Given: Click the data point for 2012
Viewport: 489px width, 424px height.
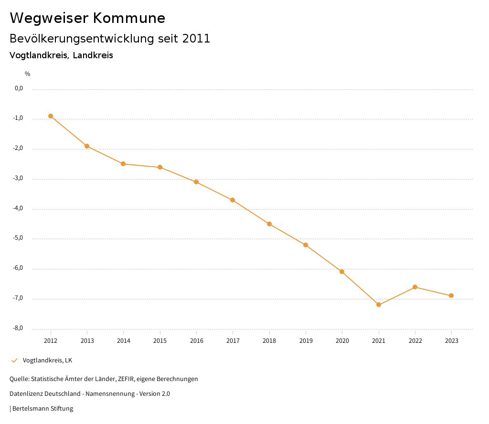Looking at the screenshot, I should [x=51, y=116].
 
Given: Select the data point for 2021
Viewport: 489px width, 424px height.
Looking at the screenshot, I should [x=379, y=305].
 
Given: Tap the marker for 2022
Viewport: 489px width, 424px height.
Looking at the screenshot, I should [x=415, y=287].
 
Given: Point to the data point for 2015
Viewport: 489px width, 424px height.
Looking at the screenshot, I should [x=160, y=167].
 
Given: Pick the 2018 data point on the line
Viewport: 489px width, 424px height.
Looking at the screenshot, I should [x=269, y=224].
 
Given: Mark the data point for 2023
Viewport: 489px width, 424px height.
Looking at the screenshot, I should [x=451, y=296].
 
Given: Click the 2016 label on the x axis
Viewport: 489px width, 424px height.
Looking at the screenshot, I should [x=196, y=341].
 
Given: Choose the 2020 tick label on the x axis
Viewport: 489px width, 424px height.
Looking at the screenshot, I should [x=342, y=341].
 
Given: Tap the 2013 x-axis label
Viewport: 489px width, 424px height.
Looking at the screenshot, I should [x=87, y=341].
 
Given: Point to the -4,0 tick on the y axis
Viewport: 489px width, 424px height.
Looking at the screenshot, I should [x=19, y=209].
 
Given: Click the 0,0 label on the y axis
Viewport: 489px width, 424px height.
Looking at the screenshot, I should [x=19, y=88].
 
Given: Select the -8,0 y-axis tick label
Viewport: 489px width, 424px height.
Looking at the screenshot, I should [x=19, y=329].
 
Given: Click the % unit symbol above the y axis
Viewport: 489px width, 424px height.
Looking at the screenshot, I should [x=28, y=74].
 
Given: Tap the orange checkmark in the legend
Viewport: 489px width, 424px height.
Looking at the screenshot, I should [x=14, y=360].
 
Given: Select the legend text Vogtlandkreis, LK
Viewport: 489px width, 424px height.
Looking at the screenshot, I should [x=47, y=360].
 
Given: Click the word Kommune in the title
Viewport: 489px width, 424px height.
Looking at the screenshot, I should [x=129, y=18].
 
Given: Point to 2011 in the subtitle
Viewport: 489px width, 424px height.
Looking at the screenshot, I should [x=196, y=39].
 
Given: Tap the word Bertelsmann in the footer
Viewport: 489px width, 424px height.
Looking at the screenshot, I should [x=31, y=409].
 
